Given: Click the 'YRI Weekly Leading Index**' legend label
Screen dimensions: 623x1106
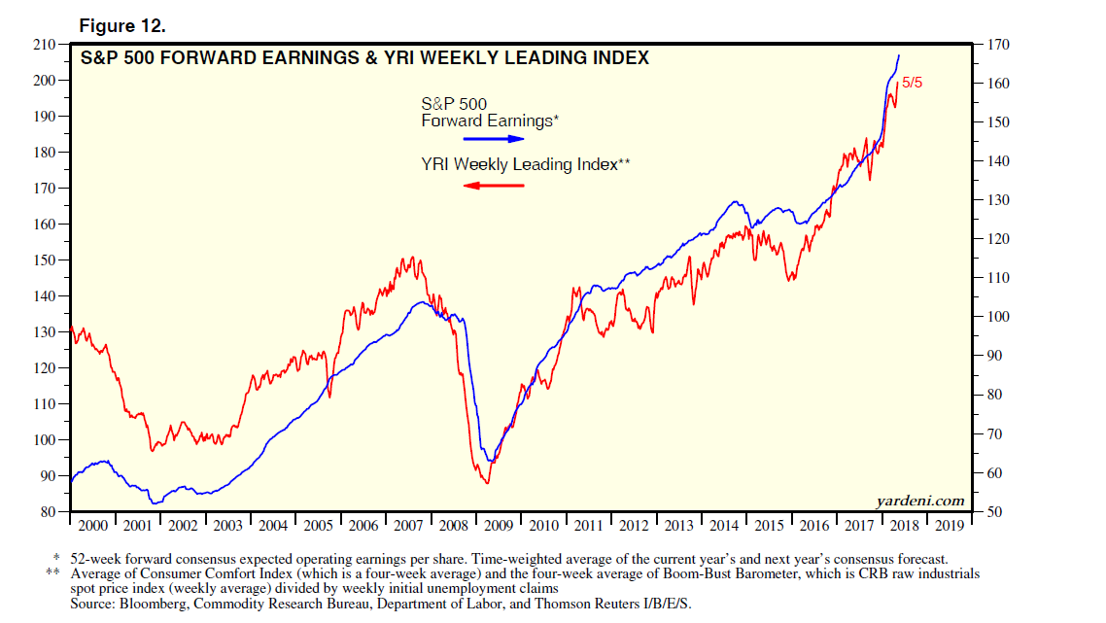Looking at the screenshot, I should pos(526,164).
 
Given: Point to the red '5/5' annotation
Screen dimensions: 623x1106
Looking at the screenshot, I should pos(912,83).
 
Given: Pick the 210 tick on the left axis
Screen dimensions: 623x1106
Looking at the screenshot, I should pos(44,45).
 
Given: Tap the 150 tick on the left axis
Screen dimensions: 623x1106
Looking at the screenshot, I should pos(44,260).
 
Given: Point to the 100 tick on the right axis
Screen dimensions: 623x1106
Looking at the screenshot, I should pos(998,317).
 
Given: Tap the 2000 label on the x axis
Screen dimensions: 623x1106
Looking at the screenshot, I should pos(92,526).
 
